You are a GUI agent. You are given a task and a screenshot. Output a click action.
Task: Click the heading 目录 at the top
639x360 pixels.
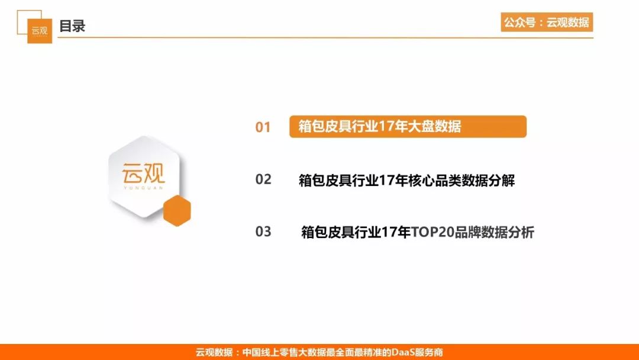(72, 26)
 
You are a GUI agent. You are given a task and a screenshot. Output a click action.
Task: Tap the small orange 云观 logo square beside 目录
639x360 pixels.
(40, 31)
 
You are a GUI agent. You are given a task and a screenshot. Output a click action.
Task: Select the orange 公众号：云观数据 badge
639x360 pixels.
(547, 22)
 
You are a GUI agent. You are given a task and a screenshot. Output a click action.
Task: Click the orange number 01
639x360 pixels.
(263, 127)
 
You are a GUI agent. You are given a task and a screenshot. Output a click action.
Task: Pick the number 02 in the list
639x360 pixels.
(263, 179)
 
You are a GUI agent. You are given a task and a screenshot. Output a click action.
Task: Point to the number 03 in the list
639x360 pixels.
(263, 232)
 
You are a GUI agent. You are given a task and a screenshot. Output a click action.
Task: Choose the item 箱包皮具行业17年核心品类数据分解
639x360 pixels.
(406, 180)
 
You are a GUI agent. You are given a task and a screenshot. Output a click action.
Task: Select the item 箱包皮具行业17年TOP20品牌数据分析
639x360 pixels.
(418, 232)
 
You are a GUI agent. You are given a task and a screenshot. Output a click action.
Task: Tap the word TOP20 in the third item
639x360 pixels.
(433, 232)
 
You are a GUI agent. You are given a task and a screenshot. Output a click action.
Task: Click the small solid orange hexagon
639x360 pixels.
(177, 210)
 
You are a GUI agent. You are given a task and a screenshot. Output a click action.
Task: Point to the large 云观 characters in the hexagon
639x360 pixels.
(143, 173)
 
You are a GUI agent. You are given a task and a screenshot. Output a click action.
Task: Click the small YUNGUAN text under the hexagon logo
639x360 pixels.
(143, 188)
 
